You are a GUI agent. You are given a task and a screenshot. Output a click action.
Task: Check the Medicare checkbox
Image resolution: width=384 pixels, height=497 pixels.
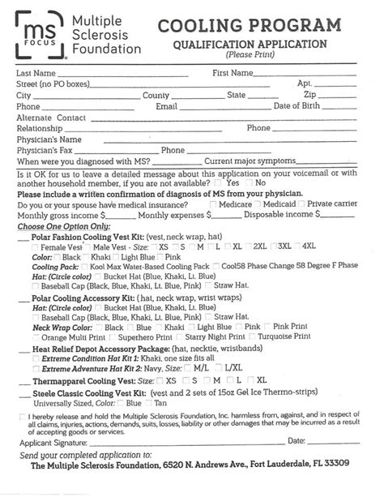click(213, 204)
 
